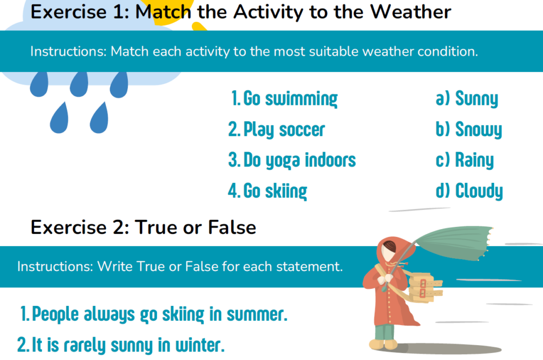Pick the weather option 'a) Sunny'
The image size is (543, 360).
(467, 99)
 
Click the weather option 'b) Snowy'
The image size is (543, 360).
(469, 129)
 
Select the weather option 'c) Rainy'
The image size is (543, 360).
(465, 160)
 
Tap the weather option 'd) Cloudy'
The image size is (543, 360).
(469, 191)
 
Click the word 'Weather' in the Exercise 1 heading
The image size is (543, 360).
(411, 12)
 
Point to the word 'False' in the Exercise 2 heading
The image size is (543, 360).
(232, 227)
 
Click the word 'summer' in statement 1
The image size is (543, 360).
(257, 314)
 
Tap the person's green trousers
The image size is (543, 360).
(384, 332)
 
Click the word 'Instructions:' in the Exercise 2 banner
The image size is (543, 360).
(55, 267)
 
